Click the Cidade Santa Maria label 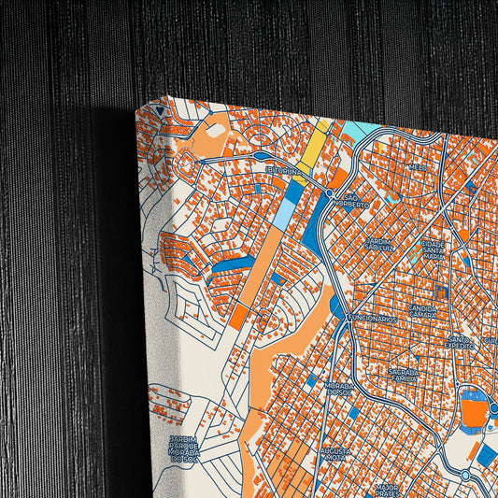[x=434, y=251]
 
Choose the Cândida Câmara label [x=423, y=310]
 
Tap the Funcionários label [x=372, y=319]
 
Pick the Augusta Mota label [x=335, y=455]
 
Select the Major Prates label [x=386, y=489]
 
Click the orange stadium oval [x=474, y=412]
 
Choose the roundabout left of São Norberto [x=330, y=192]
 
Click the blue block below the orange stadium [x=487, y=456]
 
